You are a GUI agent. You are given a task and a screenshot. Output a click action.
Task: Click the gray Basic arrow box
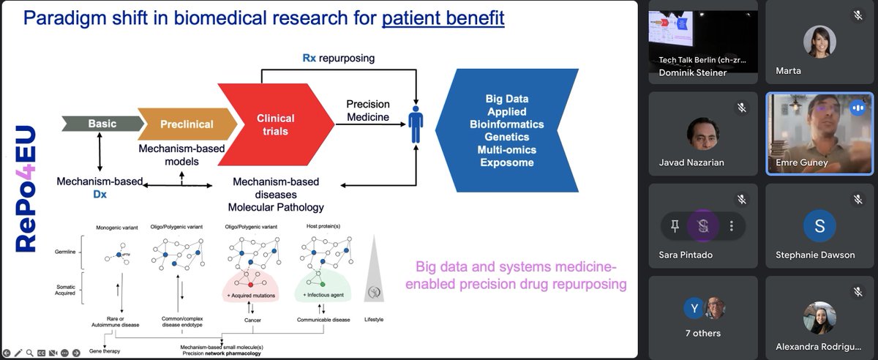coord(102,124)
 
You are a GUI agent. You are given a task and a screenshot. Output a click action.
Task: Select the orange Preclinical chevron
coord(187,124)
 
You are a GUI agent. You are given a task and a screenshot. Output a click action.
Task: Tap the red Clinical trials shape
coord(275,124)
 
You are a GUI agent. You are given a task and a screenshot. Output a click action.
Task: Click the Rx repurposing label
coord(338,58)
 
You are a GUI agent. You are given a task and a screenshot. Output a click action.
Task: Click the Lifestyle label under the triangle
coord(374,320)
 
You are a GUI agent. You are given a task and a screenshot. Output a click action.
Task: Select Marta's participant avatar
coord(819,42)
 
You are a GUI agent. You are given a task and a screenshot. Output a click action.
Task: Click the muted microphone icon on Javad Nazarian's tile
coord(741,108)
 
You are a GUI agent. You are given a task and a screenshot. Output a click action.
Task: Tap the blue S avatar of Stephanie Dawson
coord(819,226)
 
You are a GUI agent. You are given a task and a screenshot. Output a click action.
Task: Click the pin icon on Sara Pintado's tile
coord(674,226)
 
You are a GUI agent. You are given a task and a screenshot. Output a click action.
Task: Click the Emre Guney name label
coord(803,162)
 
